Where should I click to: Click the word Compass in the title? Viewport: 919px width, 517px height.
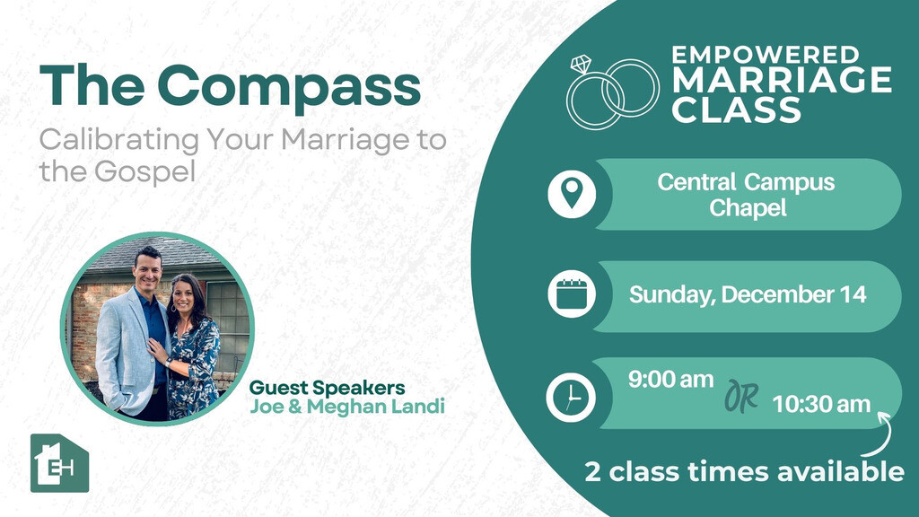pyautogui.click(x=289, y=88)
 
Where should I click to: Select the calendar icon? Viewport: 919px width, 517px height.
pyautogui.click(x=572, y=294)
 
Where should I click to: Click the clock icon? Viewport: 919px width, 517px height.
pyautogui.click(x=571, y=398)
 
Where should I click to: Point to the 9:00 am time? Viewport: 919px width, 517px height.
pyautogui.click(x=671, y=380)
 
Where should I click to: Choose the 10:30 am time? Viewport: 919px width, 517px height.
pyautogui.click(x=821, y=404)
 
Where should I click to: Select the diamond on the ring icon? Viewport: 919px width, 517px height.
pyautogui.click(x=581, y=64)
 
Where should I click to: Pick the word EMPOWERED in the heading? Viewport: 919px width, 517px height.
pyautogui.click(x=766, y=55)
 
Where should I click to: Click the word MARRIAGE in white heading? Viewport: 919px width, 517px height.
pyautogui.click(x=782, y=80)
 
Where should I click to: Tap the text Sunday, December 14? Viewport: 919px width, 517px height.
pyautogui.click(x=748, y=294)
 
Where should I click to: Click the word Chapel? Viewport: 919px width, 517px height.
pyautogui.click(x=748, y=208)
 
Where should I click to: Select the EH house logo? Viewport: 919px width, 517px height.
pyautogui.click(x=59, y=463)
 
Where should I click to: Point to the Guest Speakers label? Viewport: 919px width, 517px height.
pyautogui.click(x=327, y=388)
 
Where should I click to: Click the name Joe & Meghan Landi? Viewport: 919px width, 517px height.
pyautogui.click(x=347, y=407)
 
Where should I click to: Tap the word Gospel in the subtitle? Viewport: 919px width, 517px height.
pyautogui.click(x=144, y=171)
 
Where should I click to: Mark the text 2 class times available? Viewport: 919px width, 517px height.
pyautogui.click(x=744, y=472)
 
